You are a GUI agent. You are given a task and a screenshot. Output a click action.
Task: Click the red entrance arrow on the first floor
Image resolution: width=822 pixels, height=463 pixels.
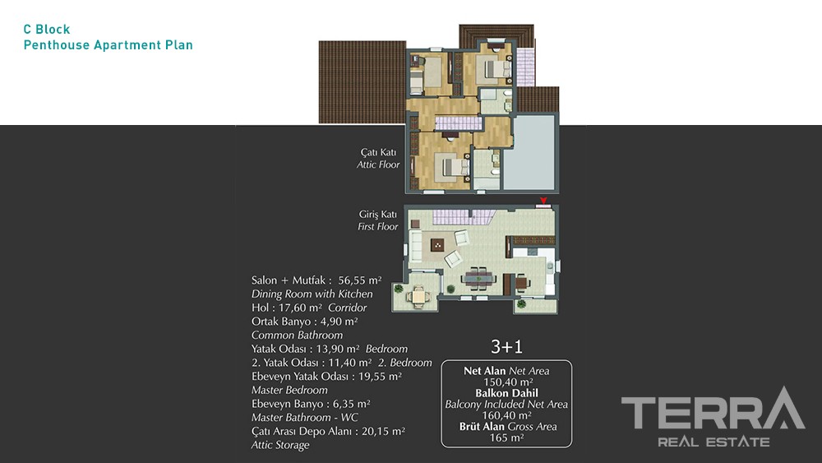click(x=543, y=201)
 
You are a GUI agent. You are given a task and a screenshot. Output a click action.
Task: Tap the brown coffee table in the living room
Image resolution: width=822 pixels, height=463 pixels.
click(x=437, y=244)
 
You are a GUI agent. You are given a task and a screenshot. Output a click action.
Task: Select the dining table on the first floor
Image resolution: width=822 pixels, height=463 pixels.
click(x=478, y=278)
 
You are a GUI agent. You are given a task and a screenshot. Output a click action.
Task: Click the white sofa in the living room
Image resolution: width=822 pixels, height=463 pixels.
click(x=416, y=247)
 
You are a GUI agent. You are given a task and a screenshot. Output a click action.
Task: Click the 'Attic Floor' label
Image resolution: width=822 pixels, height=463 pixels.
click(x=378, y=164)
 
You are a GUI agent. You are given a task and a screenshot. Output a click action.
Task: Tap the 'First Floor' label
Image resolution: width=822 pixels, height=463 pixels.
click(x=378, y=226)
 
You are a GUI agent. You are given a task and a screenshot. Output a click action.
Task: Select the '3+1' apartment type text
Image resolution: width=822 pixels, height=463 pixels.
click(x=506, y=346)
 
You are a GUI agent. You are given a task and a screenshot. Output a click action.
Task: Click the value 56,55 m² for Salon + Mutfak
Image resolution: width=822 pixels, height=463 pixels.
click(x=360, y=280)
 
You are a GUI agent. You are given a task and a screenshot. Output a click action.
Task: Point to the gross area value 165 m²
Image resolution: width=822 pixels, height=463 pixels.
click(x=506, y=438)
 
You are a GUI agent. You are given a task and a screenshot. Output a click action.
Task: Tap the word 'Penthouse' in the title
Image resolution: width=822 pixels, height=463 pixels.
click(x=57, y=45)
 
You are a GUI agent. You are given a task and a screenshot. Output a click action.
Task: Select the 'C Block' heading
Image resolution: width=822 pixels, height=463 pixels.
click(x=47, y=30)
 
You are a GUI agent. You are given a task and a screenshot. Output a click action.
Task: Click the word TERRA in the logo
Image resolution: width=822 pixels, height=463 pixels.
click(x=713, y=410)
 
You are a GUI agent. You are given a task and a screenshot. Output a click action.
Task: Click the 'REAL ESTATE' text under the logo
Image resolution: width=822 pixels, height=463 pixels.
click(x=714, y=442)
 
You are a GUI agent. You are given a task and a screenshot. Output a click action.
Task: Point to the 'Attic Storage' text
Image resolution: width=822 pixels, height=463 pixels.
click(x=280, y=445)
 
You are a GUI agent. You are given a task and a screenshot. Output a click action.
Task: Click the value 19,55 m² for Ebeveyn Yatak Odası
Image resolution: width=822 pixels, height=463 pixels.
click(x=377, y=377)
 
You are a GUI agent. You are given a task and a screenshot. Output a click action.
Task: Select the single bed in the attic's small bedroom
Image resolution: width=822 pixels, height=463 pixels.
click(x=416, y=82)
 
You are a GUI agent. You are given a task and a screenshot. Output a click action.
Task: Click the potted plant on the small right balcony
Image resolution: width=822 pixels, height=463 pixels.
click(x=521, y=304)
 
